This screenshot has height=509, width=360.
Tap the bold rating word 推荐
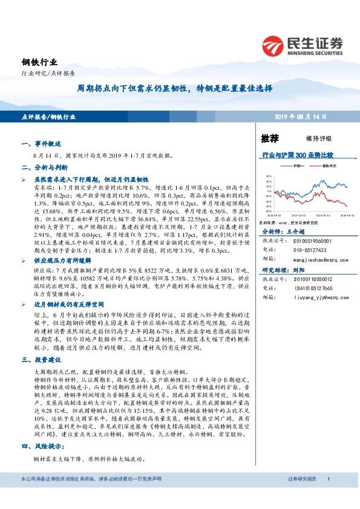(x=270, y=138)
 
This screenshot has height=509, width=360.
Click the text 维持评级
(x=309, y=138)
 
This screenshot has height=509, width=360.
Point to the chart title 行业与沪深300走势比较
(x=297, y=155)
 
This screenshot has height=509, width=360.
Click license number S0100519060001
(x=313, y=241)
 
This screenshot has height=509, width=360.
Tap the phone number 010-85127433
(x=311, y=250)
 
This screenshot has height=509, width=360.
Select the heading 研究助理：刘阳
(x=281, y=270)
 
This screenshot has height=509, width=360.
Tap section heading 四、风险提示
(x=40, y=446)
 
